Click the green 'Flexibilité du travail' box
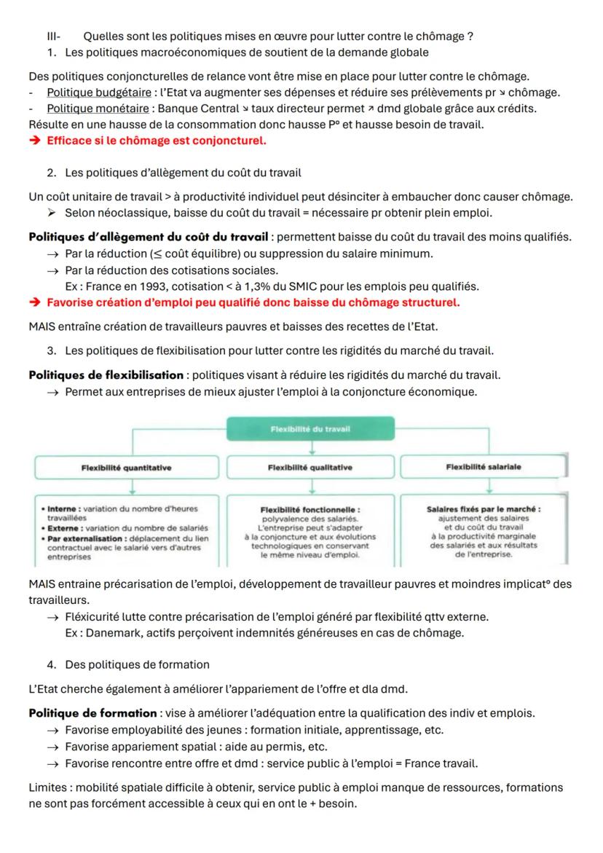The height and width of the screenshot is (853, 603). point(310,429)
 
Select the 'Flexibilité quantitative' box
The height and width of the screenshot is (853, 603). point(126,468)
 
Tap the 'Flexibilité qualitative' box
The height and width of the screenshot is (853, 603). point(310,468)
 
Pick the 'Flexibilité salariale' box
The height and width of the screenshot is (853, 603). point(484,468)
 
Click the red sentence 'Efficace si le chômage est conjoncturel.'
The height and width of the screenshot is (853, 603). point(157,141)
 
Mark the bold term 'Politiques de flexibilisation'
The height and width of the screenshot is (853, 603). point(106,374)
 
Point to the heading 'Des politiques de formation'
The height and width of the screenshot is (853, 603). point(137,664)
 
